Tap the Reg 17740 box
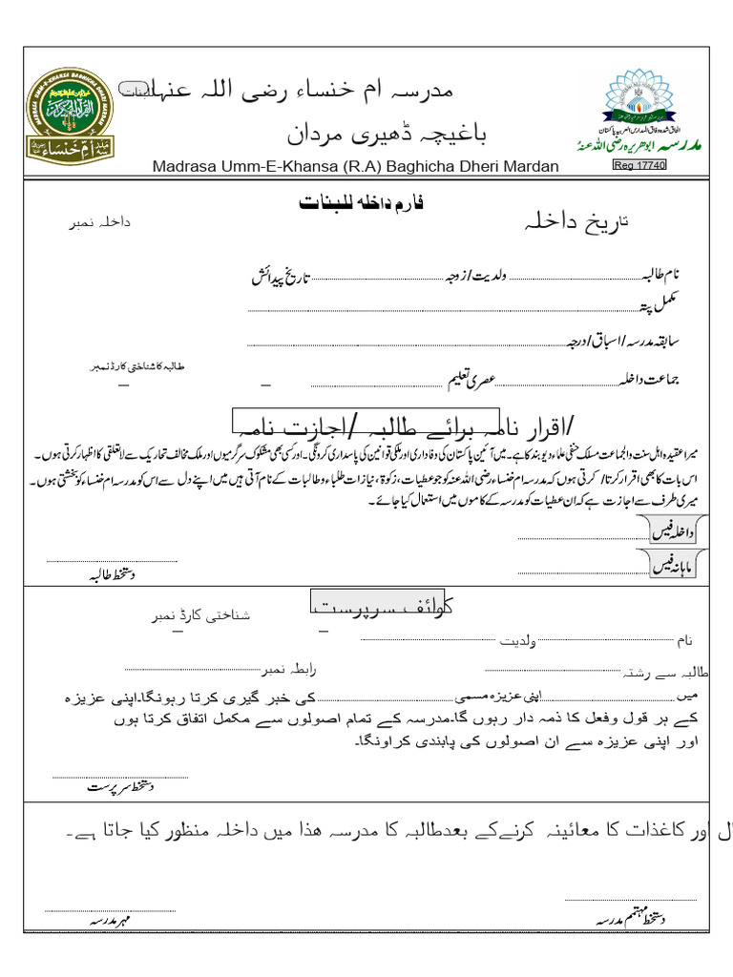pyautogui.click(x=639, y=165)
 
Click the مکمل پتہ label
pyautogui.click(x=659, y=305)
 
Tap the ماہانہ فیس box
pyautogui.click(x=677, y=567)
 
